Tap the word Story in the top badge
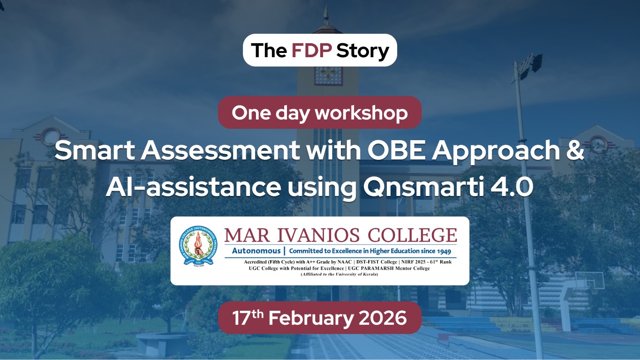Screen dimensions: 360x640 coord(363,51)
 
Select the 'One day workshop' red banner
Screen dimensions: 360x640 coord(320,112)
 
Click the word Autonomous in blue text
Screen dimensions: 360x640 coord(256,251)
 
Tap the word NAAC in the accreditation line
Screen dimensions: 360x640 coord(343,262)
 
